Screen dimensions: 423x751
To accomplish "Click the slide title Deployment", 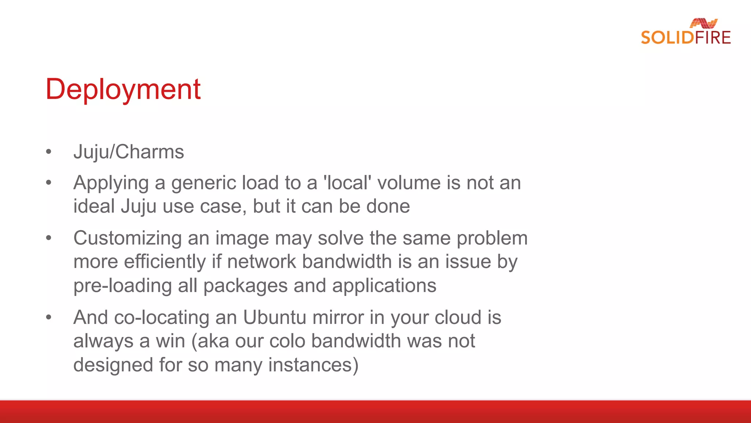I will click(123, 89).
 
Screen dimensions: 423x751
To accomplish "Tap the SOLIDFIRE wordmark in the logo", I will click(686, 38).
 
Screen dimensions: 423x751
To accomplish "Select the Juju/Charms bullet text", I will click(129, 152).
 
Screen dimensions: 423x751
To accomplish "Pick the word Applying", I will click(111, 183).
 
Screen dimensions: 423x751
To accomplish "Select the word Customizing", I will click(127, 238).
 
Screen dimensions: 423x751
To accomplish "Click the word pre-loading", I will click(122, 286).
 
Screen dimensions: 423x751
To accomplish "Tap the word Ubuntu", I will click(274, 317).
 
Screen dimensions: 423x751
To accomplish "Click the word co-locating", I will click(162, 317).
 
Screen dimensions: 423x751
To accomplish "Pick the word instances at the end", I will click(313, 365).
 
